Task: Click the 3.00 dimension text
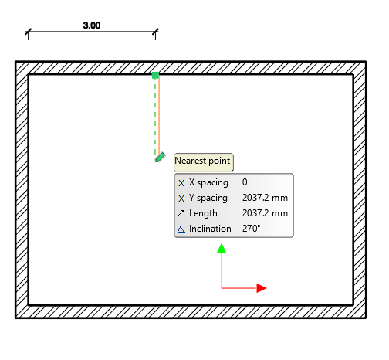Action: pos(92,25)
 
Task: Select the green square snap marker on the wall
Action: pos(155,75)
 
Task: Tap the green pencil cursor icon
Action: pos(160,158)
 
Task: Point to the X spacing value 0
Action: pos(245,182)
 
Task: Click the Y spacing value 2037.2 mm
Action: pos(265,198)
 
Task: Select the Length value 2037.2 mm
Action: pos(265,213)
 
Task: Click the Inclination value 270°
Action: pos(252,229)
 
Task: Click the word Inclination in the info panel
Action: pos(210,229)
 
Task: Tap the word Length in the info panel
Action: pos(203,213)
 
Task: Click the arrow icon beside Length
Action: pos(181,213)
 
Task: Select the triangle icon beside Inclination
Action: pos(181,229)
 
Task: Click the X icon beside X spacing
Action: pos(181,183)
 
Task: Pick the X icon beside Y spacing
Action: pos(181,199)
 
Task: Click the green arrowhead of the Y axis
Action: pos(222,248)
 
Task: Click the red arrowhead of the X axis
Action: pos(262,288)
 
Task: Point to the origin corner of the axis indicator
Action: pos(222,288)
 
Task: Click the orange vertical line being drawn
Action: pos(159,115)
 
